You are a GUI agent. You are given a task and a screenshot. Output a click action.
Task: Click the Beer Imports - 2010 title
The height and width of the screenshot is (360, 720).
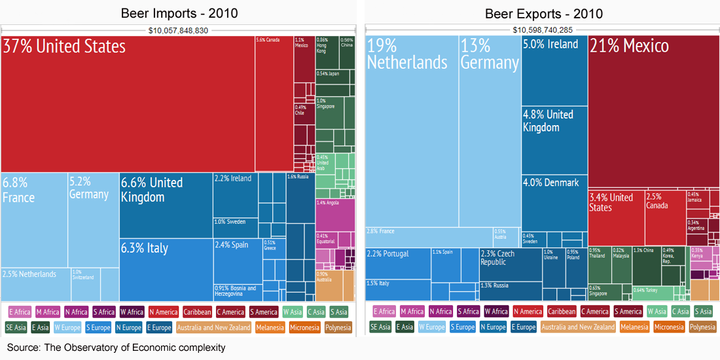(x=179, y=13)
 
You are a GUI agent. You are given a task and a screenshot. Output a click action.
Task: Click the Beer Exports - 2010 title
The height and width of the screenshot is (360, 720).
(x=543, y=13)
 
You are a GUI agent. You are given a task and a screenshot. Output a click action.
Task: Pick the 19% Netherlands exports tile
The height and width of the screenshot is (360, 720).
(x=411, y=131)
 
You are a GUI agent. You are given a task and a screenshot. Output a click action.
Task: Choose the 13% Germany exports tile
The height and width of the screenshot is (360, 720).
(x=490, y=131)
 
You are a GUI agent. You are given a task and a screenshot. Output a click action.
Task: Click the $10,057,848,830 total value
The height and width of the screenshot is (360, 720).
(x=178, y=30)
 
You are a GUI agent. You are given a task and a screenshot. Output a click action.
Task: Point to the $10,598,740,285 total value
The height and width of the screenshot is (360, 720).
(x=543, y=30)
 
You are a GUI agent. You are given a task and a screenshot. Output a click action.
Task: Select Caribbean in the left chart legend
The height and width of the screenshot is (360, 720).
(x=197, y=312)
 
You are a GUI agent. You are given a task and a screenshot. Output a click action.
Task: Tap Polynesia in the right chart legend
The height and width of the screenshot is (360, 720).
(x=702, y=327)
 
